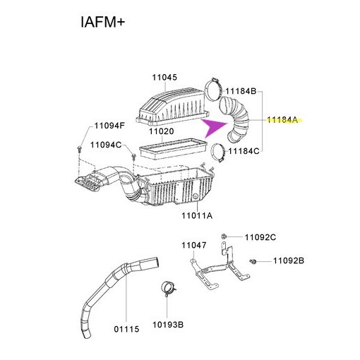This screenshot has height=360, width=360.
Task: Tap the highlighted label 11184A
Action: (x=283, y=121)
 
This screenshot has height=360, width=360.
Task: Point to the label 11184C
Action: (x=244, y=150)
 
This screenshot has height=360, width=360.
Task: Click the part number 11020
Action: (x=161, y=131)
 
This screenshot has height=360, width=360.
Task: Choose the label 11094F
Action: (x=110, y=126)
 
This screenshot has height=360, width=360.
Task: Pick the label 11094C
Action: (x=106, y=145)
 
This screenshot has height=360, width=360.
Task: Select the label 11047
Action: (x=193, y=245)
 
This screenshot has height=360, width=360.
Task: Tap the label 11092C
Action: (x=260, y=237)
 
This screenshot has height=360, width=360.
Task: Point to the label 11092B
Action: (x=288, y=261)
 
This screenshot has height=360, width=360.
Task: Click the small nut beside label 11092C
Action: (x=223, y=236)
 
